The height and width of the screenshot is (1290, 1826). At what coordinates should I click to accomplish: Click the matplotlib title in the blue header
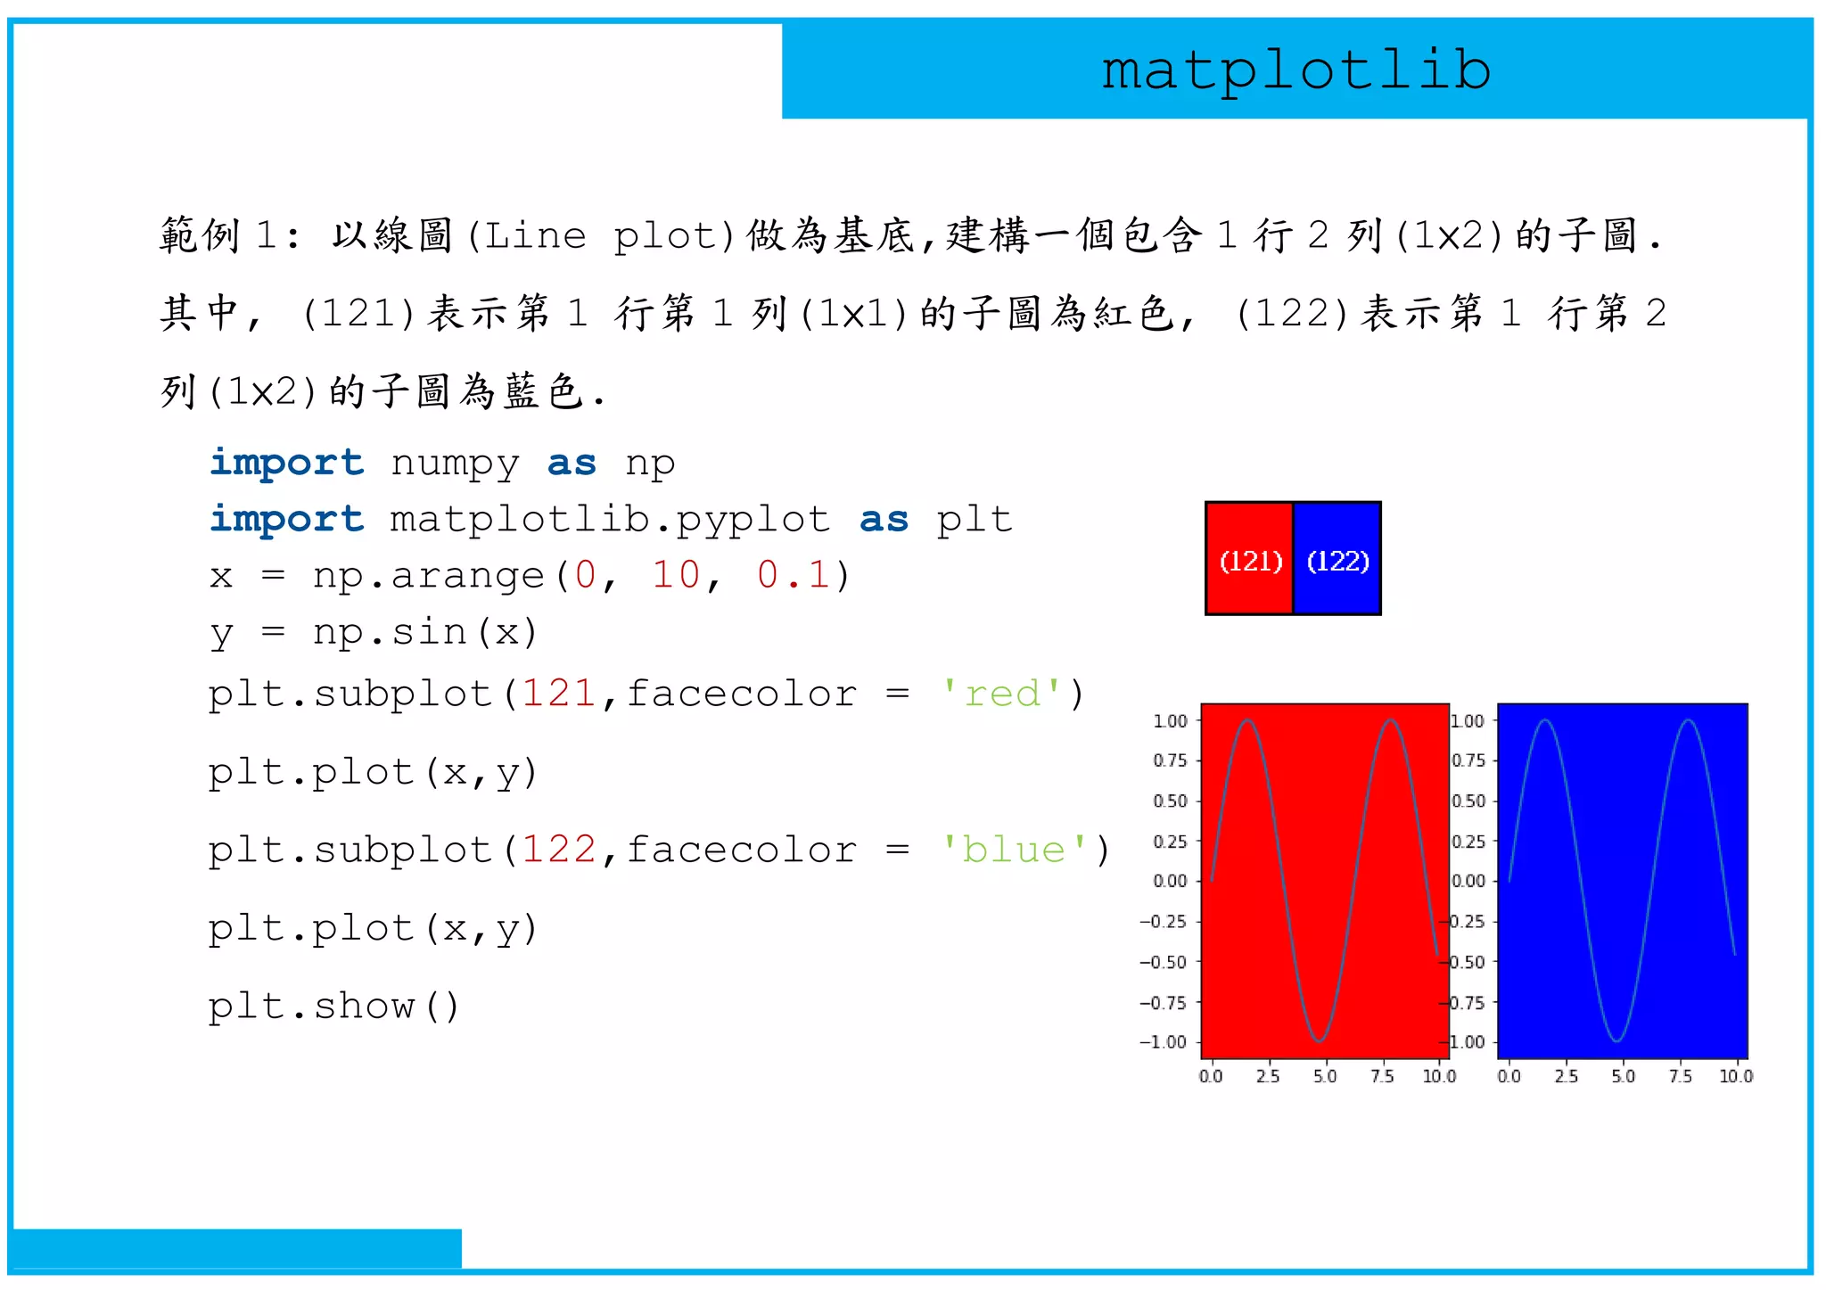1295,71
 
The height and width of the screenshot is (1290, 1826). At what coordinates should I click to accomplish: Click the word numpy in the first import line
455,464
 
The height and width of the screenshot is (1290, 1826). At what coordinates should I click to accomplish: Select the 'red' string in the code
1002,694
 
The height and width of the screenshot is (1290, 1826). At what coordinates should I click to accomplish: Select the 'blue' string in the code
1014,850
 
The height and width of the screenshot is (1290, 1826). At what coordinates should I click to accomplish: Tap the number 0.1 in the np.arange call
793,575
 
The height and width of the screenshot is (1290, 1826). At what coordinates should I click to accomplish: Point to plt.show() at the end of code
333,1007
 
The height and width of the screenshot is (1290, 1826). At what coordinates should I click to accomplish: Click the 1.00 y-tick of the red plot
1170,720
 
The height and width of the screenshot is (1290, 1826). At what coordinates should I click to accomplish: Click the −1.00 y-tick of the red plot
1164,1042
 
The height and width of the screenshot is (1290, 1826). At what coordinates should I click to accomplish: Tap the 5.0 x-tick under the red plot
1325,1076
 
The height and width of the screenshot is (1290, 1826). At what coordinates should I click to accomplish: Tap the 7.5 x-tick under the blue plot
1680,1076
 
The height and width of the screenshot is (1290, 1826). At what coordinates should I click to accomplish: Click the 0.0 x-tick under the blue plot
1509,1076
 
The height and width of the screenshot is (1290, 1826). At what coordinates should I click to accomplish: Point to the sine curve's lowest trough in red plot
1319,1039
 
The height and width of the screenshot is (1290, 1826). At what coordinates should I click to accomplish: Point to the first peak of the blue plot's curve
1545,720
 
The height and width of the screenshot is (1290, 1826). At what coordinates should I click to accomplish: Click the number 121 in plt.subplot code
558,694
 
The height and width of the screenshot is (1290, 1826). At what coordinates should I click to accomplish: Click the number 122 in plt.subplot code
558,850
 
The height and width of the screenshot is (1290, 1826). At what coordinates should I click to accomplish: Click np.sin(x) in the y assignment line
424,632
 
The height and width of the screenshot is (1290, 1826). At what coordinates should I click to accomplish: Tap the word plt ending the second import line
974,520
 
